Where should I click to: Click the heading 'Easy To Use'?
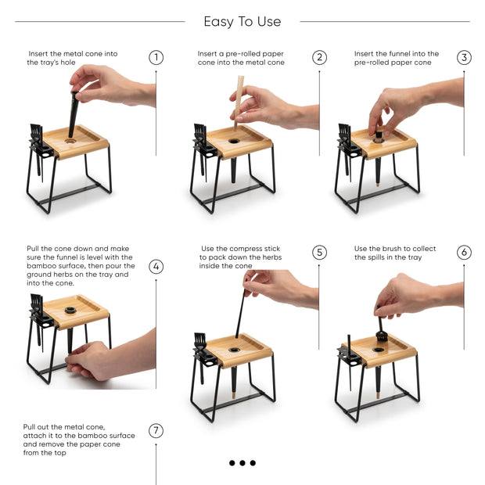tap(242, 22)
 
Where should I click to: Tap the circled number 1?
tap(156, 58)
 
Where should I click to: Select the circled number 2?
tap(319, 58)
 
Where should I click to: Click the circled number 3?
tap(464, 58)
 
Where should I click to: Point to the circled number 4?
tap(156, 266)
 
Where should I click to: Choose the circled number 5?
tap(319, 253)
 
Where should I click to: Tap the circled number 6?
tap(464, 253)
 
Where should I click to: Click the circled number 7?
tap(156, 430)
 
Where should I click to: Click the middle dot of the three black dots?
tap(242, 463)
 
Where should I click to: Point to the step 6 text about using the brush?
tap(395, 253)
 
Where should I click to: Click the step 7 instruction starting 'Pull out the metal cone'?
tap(78, 440)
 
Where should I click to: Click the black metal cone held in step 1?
tap(73, 117)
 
